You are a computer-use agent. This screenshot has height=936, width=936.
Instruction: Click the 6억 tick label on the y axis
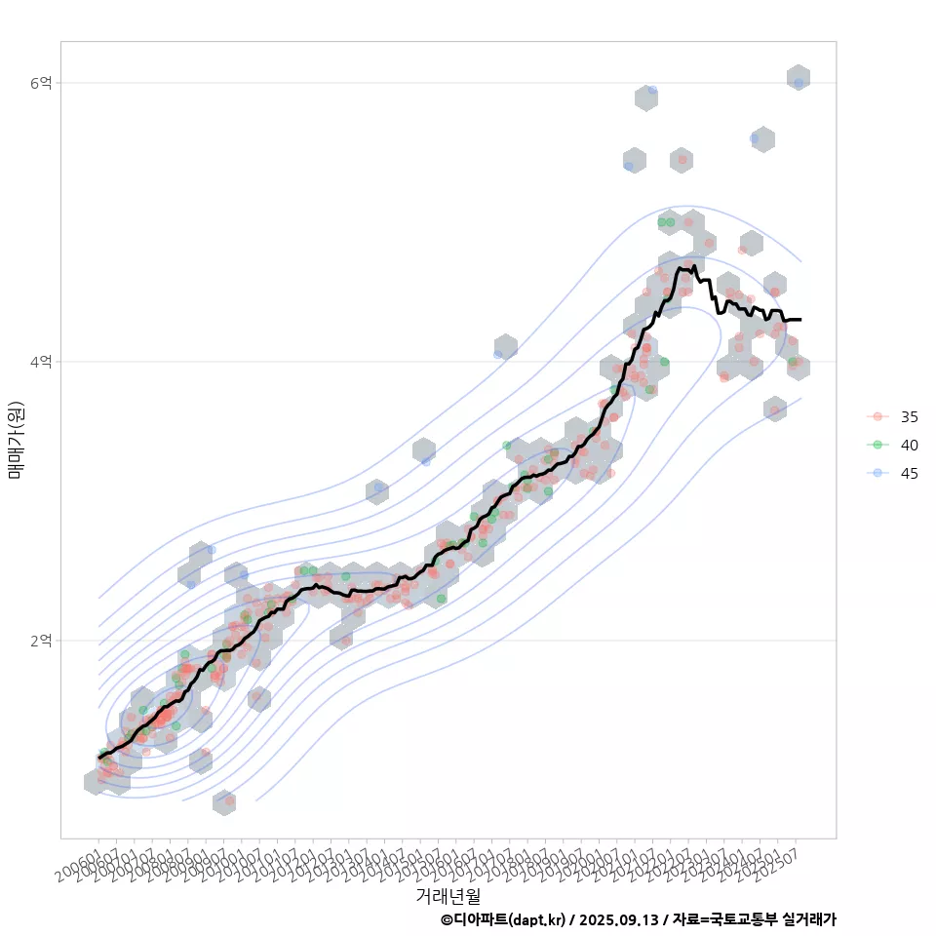click(41, 84)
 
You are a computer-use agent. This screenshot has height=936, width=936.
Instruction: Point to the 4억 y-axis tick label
click(41, 362)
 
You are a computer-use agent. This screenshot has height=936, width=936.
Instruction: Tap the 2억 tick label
click(41, 641)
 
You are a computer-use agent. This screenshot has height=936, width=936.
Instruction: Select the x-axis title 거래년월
click(448, 895)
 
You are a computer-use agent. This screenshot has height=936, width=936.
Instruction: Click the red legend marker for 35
click(877, 416)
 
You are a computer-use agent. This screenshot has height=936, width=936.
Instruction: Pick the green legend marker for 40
click(877, 445)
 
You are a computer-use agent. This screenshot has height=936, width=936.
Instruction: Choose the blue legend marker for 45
click(877, 473)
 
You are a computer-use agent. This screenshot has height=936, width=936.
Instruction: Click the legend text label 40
click(909, 445)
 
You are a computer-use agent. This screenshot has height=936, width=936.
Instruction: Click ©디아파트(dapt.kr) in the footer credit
click(502, 919)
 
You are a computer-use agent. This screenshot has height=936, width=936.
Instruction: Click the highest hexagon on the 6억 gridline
click(799, 77)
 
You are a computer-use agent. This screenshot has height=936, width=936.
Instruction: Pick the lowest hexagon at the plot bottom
click(223, 802)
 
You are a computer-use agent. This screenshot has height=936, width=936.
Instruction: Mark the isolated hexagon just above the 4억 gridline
click(505, 346)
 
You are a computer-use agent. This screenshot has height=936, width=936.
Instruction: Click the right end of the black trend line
click(800, 319)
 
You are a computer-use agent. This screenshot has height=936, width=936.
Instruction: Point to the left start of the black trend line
click(98, 758)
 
